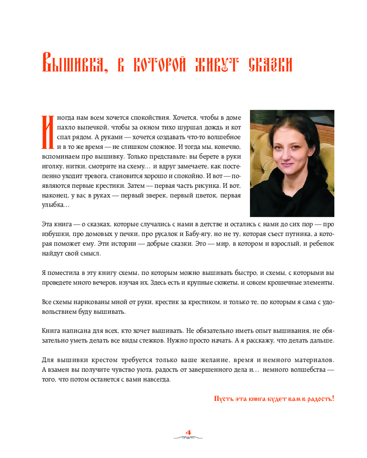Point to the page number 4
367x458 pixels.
point(188,432)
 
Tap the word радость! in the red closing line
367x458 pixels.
point(319,398)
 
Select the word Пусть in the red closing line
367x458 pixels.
point(223,398)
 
